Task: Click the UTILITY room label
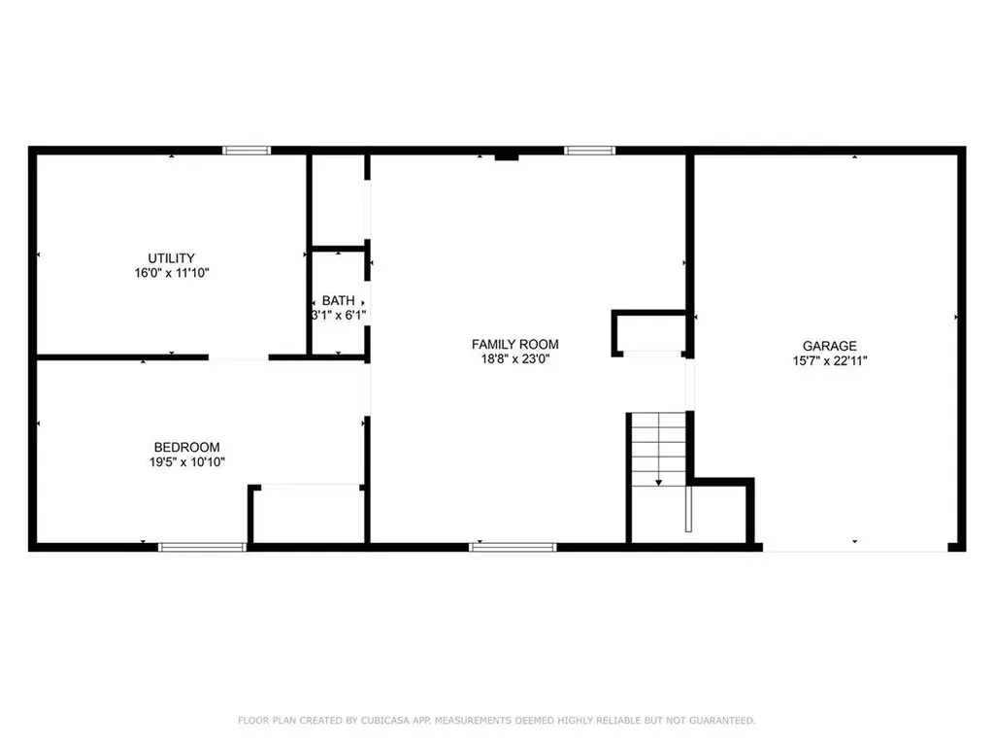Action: (x=172, y=258)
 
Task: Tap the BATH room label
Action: (x=338, y=301)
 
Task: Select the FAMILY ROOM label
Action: (x=514, y=344)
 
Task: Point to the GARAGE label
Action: (x=829, y=346)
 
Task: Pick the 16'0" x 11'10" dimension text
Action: (x=172, y=274)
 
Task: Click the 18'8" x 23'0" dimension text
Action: (x=514, y=359)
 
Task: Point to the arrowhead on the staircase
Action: (x=658, y=481)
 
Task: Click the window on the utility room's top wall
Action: (x=247, y=150)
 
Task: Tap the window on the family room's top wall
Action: (x=590, y=150)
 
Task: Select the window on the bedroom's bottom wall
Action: (x=203, y=547)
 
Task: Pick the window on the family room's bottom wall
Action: (x=514, y=547)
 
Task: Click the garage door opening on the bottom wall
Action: (x=856, y=550)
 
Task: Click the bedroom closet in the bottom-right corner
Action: (x=308, y=515)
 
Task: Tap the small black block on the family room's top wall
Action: (x=507, y=155)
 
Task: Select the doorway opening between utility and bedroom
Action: (x=239, y=357)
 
